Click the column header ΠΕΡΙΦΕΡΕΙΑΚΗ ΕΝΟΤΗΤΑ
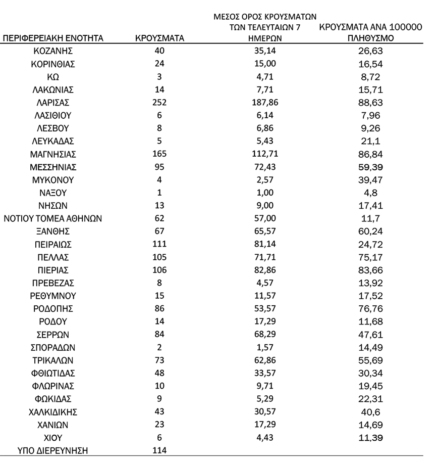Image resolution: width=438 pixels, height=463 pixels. pos(53,38)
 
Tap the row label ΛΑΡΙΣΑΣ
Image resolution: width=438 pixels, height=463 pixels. pos(53,103)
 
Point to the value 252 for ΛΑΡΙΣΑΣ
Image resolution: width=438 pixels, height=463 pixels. pos(159,103)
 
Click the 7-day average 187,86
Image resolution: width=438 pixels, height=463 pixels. pos(265,103)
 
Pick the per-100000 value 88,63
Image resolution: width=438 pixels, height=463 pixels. pos(371,103)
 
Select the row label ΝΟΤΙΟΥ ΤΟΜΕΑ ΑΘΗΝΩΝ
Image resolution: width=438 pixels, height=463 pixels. pos(53,218)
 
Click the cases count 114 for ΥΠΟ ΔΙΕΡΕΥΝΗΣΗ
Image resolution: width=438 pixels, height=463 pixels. pos(159,450)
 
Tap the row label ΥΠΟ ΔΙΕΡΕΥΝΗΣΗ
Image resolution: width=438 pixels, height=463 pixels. pos(48,450)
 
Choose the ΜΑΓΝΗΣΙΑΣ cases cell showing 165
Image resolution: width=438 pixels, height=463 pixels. pos(159,154)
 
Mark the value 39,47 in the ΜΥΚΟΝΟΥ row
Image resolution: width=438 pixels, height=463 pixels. pos(371,179)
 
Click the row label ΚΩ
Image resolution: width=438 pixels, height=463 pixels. pos(53,77)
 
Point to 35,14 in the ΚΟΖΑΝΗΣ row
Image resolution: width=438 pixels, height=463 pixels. pos(265,51)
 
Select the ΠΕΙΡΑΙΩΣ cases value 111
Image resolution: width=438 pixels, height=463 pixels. pos(159,244)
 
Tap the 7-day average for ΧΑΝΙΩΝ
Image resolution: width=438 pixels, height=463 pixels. pos(265,424)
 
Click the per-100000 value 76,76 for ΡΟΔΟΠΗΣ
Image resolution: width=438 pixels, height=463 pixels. pos(371,308)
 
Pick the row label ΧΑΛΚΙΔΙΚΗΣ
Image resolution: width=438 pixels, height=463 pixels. pos(53,411)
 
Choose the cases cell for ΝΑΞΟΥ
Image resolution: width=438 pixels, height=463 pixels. pos(159,193)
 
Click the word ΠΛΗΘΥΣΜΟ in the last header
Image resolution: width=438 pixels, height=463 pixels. pos(371,38)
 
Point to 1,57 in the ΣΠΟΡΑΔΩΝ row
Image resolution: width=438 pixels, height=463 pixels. pos(265,347)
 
